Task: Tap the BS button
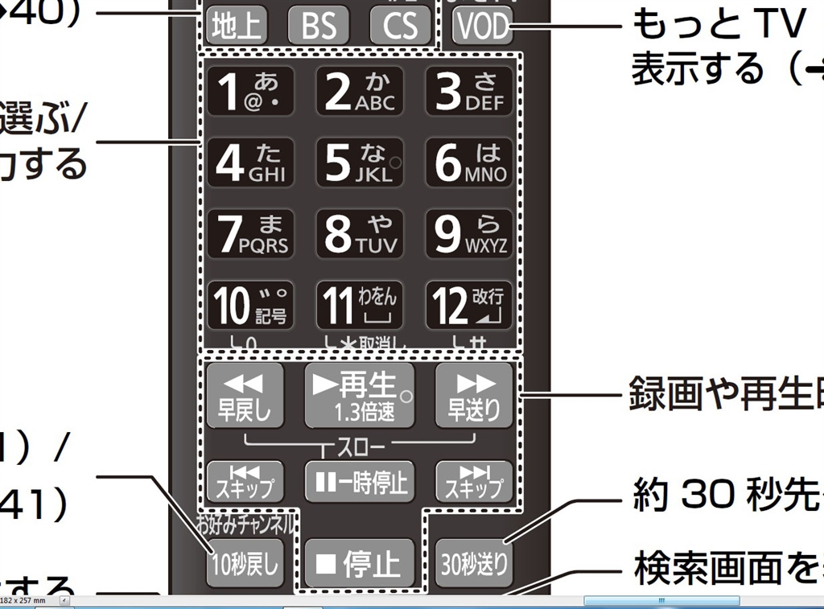(319, 27)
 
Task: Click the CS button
(400, 27)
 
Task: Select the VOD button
(483, 27)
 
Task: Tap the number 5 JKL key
(358, 163)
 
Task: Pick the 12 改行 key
(469, 304)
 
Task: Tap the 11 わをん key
(358, 304)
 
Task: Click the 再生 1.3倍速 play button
(358, 394)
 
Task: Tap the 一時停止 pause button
(358, 482)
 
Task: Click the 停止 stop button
(358, 562)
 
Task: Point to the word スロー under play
(360, 444)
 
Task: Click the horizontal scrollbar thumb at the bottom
(661, 601)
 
